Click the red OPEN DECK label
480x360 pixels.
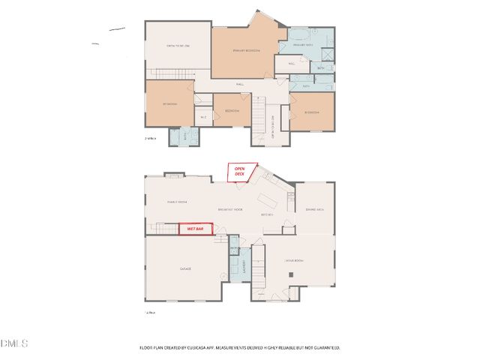240,172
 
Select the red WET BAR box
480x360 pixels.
196,229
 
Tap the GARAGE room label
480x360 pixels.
184,268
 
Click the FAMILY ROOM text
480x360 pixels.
176,202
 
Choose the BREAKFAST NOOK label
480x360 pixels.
229,208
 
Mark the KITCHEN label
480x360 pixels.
266,214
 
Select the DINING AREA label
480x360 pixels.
313,209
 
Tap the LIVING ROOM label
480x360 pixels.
293,260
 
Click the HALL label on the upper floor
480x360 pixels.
240,85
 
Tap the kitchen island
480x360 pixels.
269,199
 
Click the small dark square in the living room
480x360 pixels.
292,274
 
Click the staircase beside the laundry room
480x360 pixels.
257,265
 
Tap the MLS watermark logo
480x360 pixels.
14,343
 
